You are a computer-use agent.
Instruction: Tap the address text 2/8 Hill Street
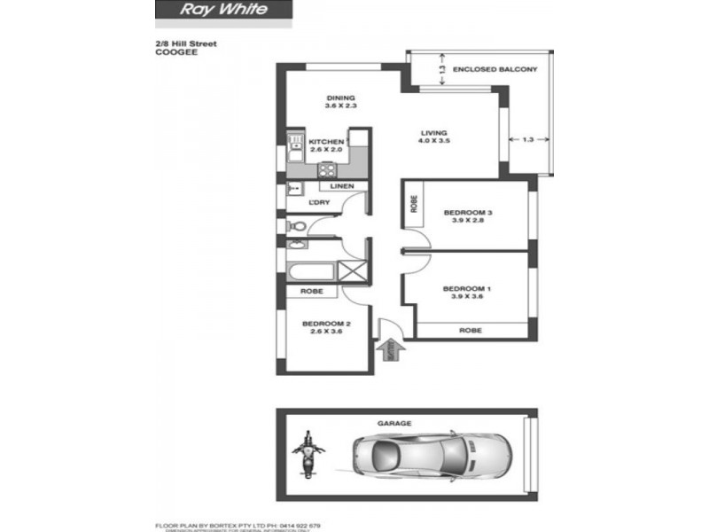(186, 43)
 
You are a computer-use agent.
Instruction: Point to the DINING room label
(340, 98)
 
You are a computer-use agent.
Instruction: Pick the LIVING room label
(434, 133)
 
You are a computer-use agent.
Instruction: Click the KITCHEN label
(326, 142)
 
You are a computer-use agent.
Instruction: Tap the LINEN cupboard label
(342, 185)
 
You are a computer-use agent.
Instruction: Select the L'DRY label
(319, 204)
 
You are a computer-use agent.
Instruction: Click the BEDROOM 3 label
(468, 213)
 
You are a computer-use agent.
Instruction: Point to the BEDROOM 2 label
(327, 325)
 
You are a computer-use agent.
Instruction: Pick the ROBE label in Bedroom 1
(470, 330)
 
